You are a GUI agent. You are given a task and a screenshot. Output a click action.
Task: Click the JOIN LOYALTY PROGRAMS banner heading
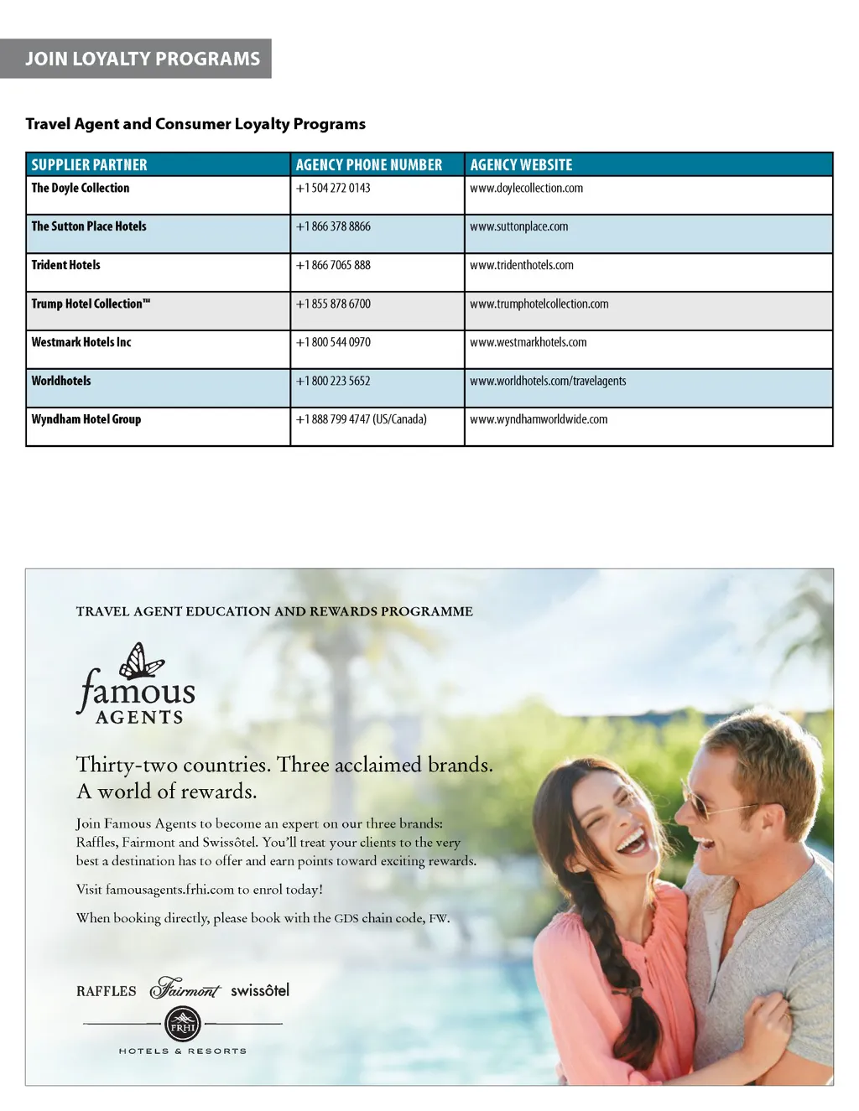[x=143, y=59]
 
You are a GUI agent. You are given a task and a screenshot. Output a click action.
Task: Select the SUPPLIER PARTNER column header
[x=89, y=165]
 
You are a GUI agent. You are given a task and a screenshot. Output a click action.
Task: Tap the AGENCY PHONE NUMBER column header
[x=368, y=165]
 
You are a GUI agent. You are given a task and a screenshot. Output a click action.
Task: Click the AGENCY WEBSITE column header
[x=521, y=165]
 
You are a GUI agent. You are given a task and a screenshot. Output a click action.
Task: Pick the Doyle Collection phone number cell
[x=333, y=188]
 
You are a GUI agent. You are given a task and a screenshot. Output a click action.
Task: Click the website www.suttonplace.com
[x=518, y=226]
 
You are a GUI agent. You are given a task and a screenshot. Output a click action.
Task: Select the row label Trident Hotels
[x=65, y=265]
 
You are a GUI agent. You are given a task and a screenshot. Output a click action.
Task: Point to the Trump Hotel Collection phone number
[x=333, y=304]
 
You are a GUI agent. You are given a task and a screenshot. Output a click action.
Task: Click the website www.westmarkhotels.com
[x=528, y=342]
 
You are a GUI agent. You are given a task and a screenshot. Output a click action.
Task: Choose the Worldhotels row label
[x=61, y=381]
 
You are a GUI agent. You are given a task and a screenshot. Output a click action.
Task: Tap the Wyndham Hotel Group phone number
[x=361, y=419]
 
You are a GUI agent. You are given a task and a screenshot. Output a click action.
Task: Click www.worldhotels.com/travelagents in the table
[x=548, y=381]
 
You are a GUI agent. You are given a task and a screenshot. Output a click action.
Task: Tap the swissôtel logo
[x=260, y=990]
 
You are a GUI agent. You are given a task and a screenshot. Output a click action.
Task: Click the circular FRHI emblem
[x=183, y=1025]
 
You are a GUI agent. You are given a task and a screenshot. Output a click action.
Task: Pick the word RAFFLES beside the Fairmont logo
[x=106, y=991]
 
